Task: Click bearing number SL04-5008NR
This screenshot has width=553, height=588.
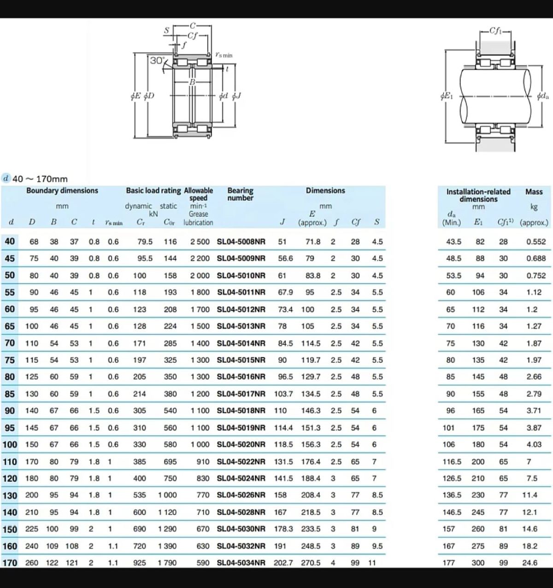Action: click(241, 241)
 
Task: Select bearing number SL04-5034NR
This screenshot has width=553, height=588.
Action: click(241, 563)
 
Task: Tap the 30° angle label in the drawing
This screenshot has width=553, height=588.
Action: click(157, 60)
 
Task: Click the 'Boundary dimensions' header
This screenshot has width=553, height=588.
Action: click(62, 190)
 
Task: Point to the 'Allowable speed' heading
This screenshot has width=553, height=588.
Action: click(199, 194)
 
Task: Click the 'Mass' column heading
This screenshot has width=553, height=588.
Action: click(534, 192)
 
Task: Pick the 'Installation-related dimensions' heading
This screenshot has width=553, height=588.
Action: click(478, 195)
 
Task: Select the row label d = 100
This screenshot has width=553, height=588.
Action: click(10, 444)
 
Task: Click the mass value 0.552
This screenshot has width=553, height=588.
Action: click(536, 241)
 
